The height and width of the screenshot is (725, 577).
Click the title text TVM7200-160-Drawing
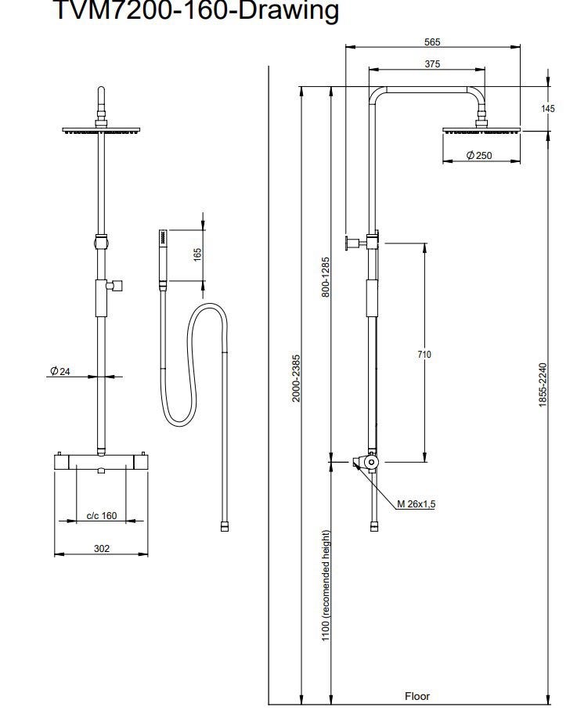197,10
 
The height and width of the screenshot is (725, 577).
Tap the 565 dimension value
432,42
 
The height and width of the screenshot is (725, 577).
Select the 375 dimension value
432,63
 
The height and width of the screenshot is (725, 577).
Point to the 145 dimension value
548,109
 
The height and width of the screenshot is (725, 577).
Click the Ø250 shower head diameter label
479,155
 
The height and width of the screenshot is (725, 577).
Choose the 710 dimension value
424,355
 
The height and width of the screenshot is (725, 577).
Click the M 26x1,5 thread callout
416,504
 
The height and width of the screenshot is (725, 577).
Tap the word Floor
417,696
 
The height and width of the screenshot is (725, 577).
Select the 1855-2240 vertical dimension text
543,385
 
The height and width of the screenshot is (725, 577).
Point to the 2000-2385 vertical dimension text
296,378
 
